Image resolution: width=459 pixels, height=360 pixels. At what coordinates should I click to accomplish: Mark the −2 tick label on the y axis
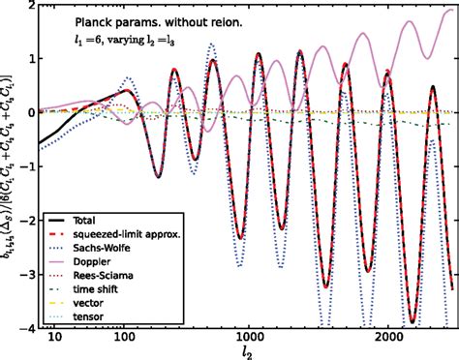click(x=26, y=219)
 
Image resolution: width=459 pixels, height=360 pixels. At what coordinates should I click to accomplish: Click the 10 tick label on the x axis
click(x=55, y=338)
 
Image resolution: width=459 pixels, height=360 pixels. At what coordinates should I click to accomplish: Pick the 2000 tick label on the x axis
click(x=389, y=338)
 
